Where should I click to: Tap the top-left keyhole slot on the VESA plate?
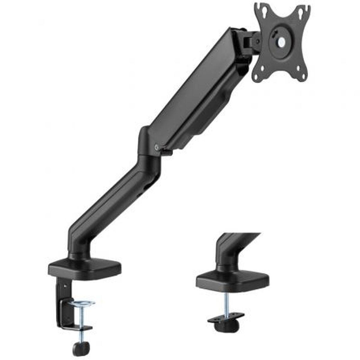(x=264, y=11)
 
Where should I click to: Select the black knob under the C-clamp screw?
(x=81, y=348)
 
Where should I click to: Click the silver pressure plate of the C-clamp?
(x=82, y=304)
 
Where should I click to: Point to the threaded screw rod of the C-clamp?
(x=81, y=316)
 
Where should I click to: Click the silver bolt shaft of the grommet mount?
(x=226, y=303)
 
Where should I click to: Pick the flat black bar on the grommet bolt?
(x=226, y=317)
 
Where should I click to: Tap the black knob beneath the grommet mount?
(x=227, y=326)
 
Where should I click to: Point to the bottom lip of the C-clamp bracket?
(x=75, y=328)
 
